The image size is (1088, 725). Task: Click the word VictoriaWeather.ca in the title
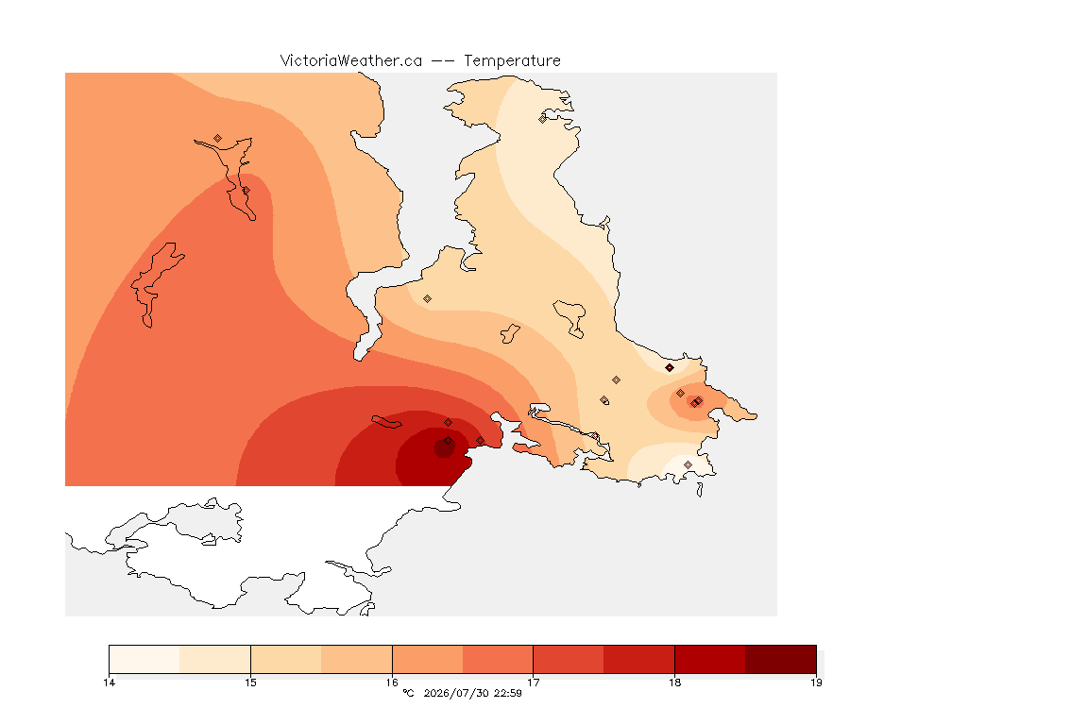point(351,61)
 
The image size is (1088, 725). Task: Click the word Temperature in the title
point(512,61)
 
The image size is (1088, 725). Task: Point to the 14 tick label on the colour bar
point(109,683)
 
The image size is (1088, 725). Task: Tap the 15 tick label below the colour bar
point(250,683)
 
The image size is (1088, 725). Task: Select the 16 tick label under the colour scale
point(392,683)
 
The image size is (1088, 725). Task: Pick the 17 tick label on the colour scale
point(533,683)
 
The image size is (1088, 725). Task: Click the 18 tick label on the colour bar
point(674,683)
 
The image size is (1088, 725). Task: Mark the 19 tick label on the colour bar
point(816,683)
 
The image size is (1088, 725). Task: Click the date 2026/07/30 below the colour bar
point(456,693)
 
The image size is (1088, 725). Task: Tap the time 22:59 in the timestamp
point(508,693)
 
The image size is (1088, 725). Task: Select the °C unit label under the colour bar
point(408,693)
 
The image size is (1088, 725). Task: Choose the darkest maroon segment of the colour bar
point(781,659)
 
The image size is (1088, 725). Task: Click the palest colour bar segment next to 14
point(144,659)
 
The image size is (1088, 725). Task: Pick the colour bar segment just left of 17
point(498,659)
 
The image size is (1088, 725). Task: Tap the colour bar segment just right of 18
point(710,659)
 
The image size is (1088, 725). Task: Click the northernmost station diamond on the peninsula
point(543,119)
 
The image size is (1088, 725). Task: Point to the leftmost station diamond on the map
point(218,139)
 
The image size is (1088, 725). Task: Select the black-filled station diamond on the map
point(670,368)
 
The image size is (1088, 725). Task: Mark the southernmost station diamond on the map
point(688,464)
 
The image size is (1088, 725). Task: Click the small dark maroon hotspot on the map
point(444,448)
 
